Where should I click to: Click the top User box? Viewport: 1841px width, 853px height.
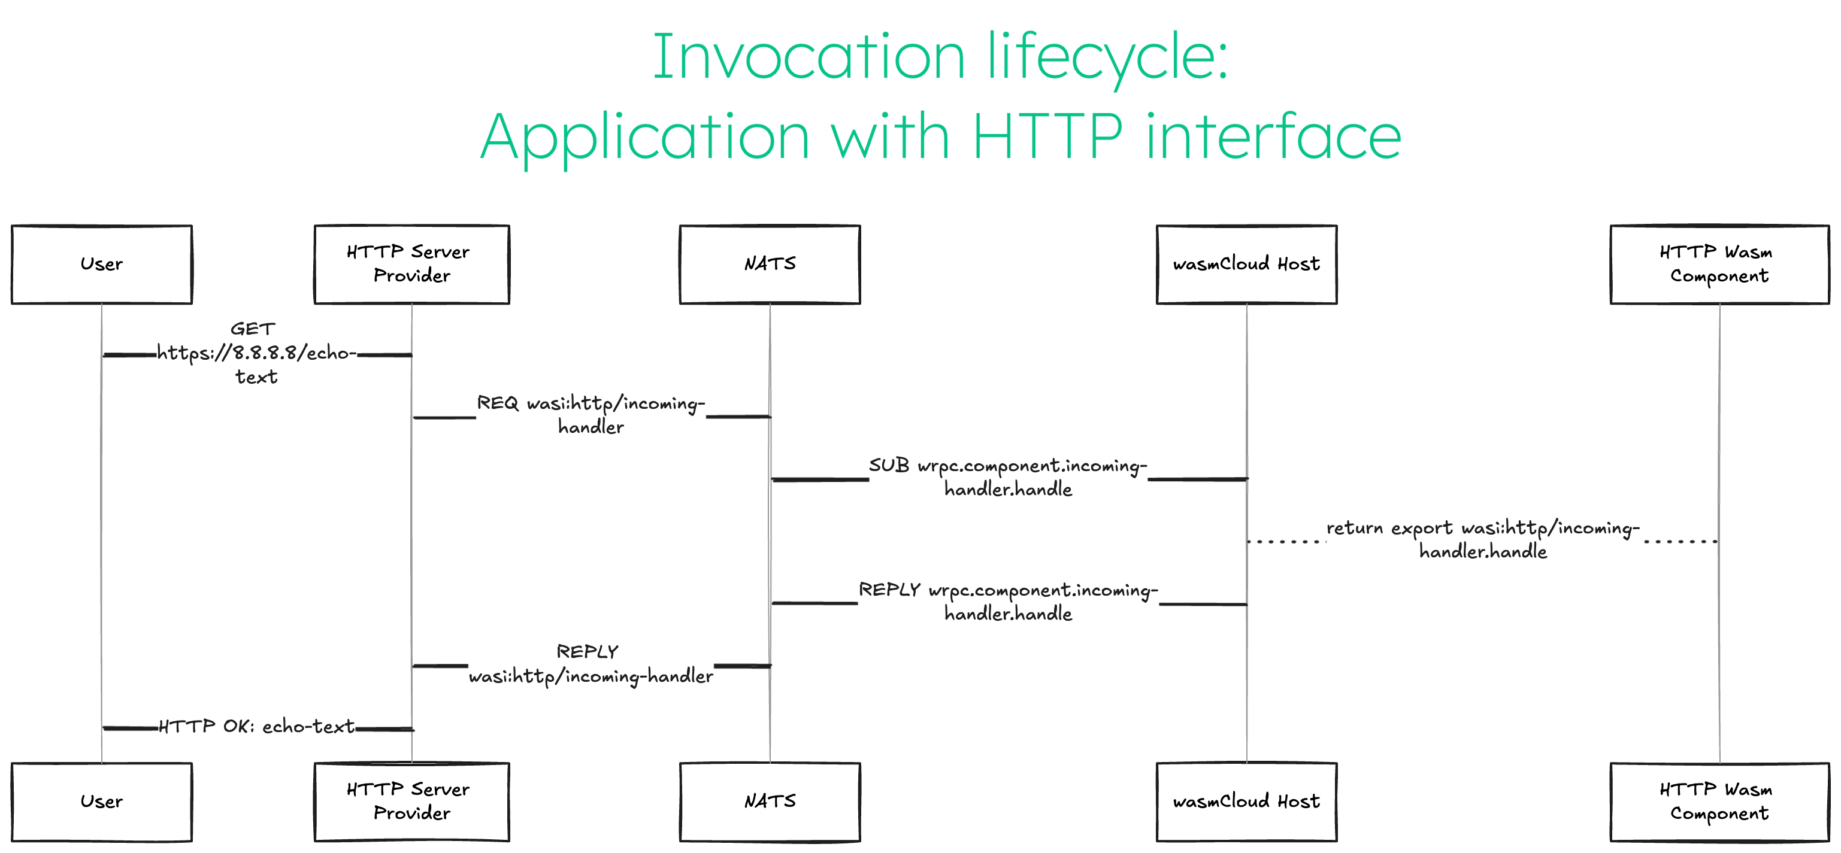tap(101, 265)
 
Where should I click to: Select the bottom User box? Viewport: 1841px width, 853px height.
tap(101, 802)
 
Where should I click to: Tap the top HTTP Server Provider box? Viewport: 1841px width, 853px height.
tap(411, 265)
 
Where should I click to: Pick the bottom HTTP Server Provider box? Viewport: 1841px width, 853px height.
tap(411, 802)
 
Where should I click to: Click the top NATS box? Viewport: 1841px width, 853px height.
tap(770, 265)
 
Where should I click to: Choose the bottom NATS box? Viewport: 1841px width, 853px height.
tap(770, 802)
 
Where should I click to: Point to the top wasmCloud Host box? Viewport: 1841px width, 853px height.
tap(1246, 265)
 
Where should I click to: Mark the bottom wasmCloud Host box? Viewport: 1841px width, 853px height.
tap(1246, 802)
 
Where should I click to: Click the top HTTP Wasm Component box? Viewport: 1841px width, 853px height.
tap(1719, 265)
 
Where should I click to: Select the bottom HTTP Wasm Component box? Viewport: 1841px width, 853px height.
tap(1719, 802)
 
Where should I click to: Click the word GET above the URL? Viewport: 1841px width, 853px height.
tap(252, 329)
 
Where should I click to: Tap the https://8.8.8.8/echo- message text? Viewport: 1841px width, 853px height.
tap(256, 354)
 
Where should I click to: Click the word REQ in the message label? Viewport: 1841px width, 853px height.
tap(498, 403)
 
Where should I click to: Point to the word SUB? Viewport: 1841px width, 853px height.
tap(888, 466)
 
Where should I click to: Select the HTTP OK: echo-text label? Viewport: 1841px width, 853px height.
tap(256, 727)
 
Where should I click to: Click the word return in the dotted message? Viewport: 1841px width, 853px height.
tap(1354, 529)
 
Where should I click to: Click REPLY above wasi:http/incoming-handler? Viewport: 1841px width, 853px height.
tap(587, 651)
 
